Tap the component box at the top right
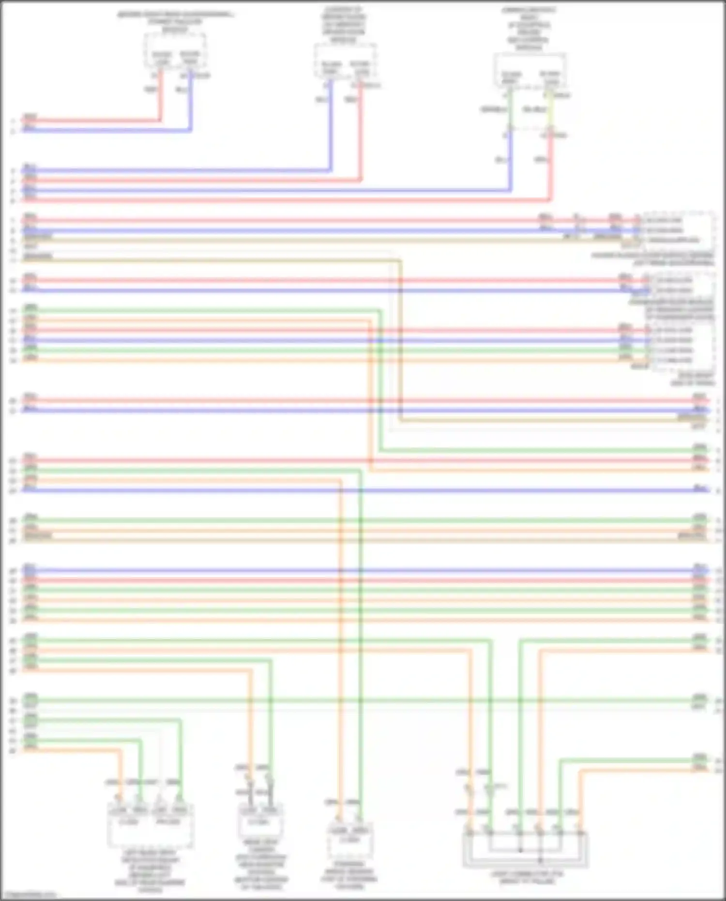529,70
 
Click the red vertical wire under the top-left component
160,97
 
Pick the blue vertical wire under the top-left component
191,102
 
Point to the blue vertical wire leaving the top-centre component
331,126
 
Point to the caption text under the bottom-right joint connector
527,878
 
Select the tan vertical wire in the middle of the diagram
400,339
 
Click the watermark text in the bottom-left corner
29,895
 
